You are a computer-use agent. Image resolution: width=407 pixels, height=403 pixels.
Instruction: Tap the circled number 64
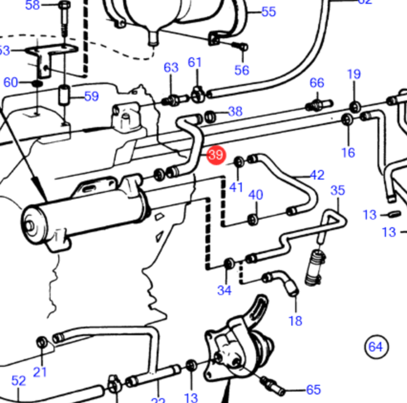[376, 346]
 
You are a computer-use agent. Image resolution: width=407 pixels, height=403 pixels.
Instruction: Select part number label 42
[317, 175]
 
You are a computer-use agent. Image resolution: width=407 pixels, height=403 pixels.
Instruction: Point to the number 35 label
[337, 190]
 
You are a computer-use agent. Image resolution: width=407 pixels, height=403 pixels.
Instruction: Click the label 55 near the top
[268, 11]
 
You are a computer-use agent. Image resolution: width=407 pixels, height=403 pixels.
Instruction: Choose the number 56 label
[241, 70]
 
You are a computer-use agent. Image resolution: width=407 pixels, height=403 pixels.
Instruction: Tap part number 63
[171, 68]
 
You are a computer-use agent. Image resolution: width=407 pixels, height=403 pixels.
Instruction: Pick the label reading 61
[195, 62]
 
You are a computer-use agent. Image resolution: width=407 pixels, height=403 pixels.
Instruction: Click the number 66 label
[317, 83]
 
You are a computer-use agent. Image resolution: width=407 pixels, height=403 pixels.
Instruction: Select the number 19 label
[354, 75]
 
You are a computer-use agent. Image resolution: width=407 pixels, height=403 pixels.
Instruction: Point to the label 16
[348, 152]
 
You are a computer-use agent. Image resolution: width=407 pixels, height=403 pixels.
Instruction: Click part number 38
[235, 111]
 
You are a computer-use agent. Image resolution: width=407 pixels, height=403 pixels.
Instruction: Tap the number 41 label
[236, 187]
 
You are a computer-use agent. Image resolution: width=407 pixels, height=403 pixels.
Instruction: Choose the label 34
[224, 291]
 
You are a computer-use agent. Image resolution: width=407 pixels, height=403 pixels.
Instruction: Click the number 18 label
[295, 321]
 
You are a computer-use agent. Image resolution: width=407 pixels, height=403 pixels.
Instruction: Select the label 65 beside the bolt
[313, 389]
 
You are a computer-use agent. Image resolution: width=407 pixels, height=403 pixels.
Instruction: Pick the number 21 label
[40, 371]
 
